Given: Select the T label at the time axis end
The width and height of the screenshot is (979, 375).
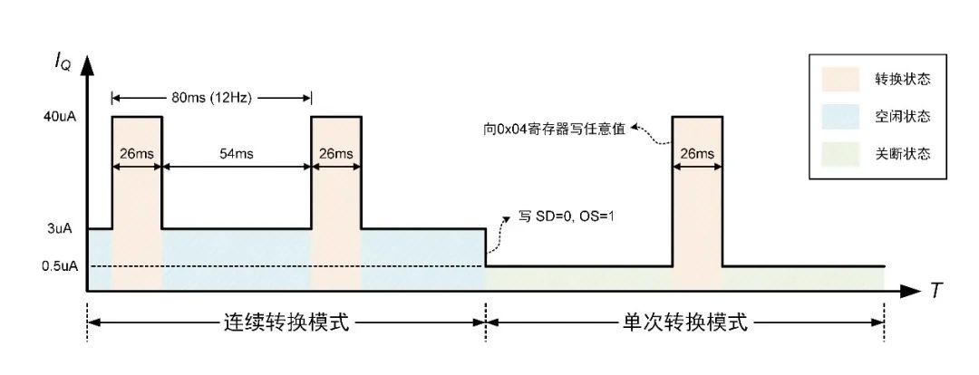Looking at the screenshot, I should (x=935, y=291).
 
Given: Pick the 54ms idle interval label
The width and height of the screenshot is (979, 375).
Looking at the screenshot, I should (x=236, y=154).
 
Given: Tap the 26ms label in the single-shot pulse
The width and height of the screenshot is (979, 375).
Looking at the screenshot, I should (x=697, y=154).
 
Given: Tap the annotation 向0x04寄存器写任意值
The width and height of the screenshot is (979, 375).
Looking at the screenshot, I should (x=558, y=129).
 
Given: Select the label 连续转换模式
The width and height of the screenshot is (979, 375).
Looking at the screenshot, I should (x=286, y=322).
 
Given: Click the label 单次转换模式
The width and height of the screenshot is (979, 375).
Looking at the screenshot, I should (x=684, y=322).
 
